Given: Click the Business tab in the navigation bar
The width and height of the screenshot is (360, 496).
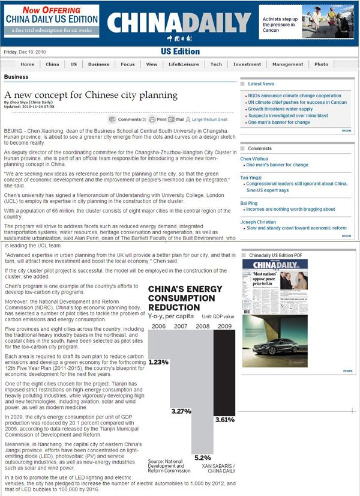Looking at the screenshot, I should point(98,64).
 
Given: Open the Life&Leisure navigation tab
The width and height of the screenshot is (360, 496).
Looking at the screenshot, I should point(183,64).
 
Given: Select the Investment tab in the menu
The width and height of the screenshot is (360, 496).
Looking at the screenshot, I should point(247,64).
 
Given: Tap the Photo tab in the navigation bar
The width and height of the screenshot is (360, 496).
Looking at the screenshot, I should point(321,64).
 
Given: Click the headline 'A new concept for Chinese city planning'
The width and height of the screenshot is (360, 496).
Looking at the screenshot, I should point(91,95).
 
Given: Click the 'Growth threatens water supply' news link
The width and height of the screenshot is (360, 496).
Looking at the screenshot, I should point(280,109).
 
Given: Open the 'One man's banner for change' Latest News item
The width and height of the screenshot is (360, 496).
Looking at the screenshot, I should point(279,122).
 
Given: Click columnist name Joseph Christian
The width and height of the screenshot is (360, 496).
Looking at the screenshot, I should point(258,222).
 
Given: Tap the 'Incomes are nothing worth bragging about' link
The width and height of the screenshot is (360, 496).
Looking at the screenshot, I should point(291,210).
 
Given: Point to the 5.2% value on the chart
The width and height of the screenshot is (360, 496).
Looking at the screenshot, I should point(203,458).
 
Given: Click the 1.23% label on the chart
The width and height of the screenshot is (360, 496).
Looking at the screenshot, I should point(158,362).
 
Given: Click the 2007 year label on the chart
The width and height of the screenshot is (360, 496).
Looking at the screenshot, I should point(181,326).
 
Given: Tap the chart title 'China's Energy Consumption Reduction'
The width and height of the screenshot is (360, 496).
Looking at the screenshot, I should point(186,298).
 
